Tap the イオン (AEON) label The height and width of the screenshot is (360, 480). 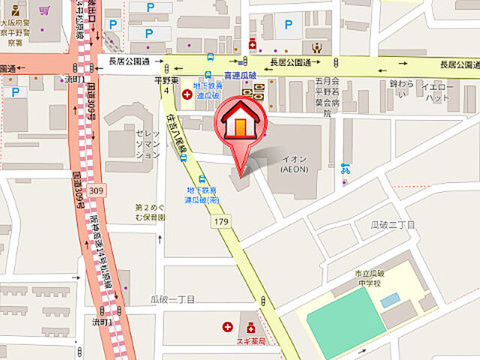(295, 164)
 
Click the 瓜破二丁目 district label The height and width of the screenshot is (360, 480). (393, 225)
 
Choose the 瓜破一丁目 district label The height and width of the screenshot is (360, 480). (172, 298)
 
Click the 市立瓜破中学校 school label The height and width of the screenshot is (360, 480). (372, 278)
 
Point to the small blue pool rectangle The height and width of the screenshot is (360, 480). (389, 300)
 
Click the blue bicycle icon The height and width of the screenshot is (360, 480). (345, 168)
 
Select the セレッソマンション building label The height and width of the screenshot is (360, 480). (147, 143)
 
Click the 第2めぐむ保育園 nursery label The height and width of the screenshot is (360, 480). (150, 211)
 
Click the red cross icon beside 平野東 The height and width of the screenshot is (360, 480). (186, 95)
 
